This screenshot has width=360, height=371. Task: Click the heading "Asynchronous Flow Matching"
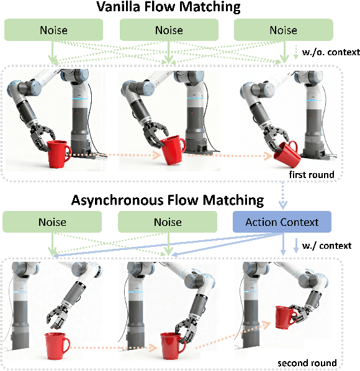[x=168, y=200]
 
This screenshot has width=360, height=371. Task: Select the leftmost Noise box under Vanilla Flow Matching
[x=53, y=30]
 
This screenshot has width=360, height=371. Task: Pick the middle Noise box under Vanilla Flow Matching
[x=168, y=30]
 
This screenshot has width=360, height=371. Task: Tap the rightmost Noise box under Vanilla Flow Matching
[x=283, y=30]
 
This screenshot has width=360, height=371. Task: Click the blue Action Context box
[x=282, y=222]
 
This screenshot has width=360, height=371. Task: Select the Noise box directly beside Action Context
[x=168, y=222]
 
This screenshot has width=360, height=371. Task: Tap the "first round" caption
[x=310, y=174]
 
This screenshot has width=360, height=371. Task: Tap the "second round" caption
[x=307, y=362]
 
